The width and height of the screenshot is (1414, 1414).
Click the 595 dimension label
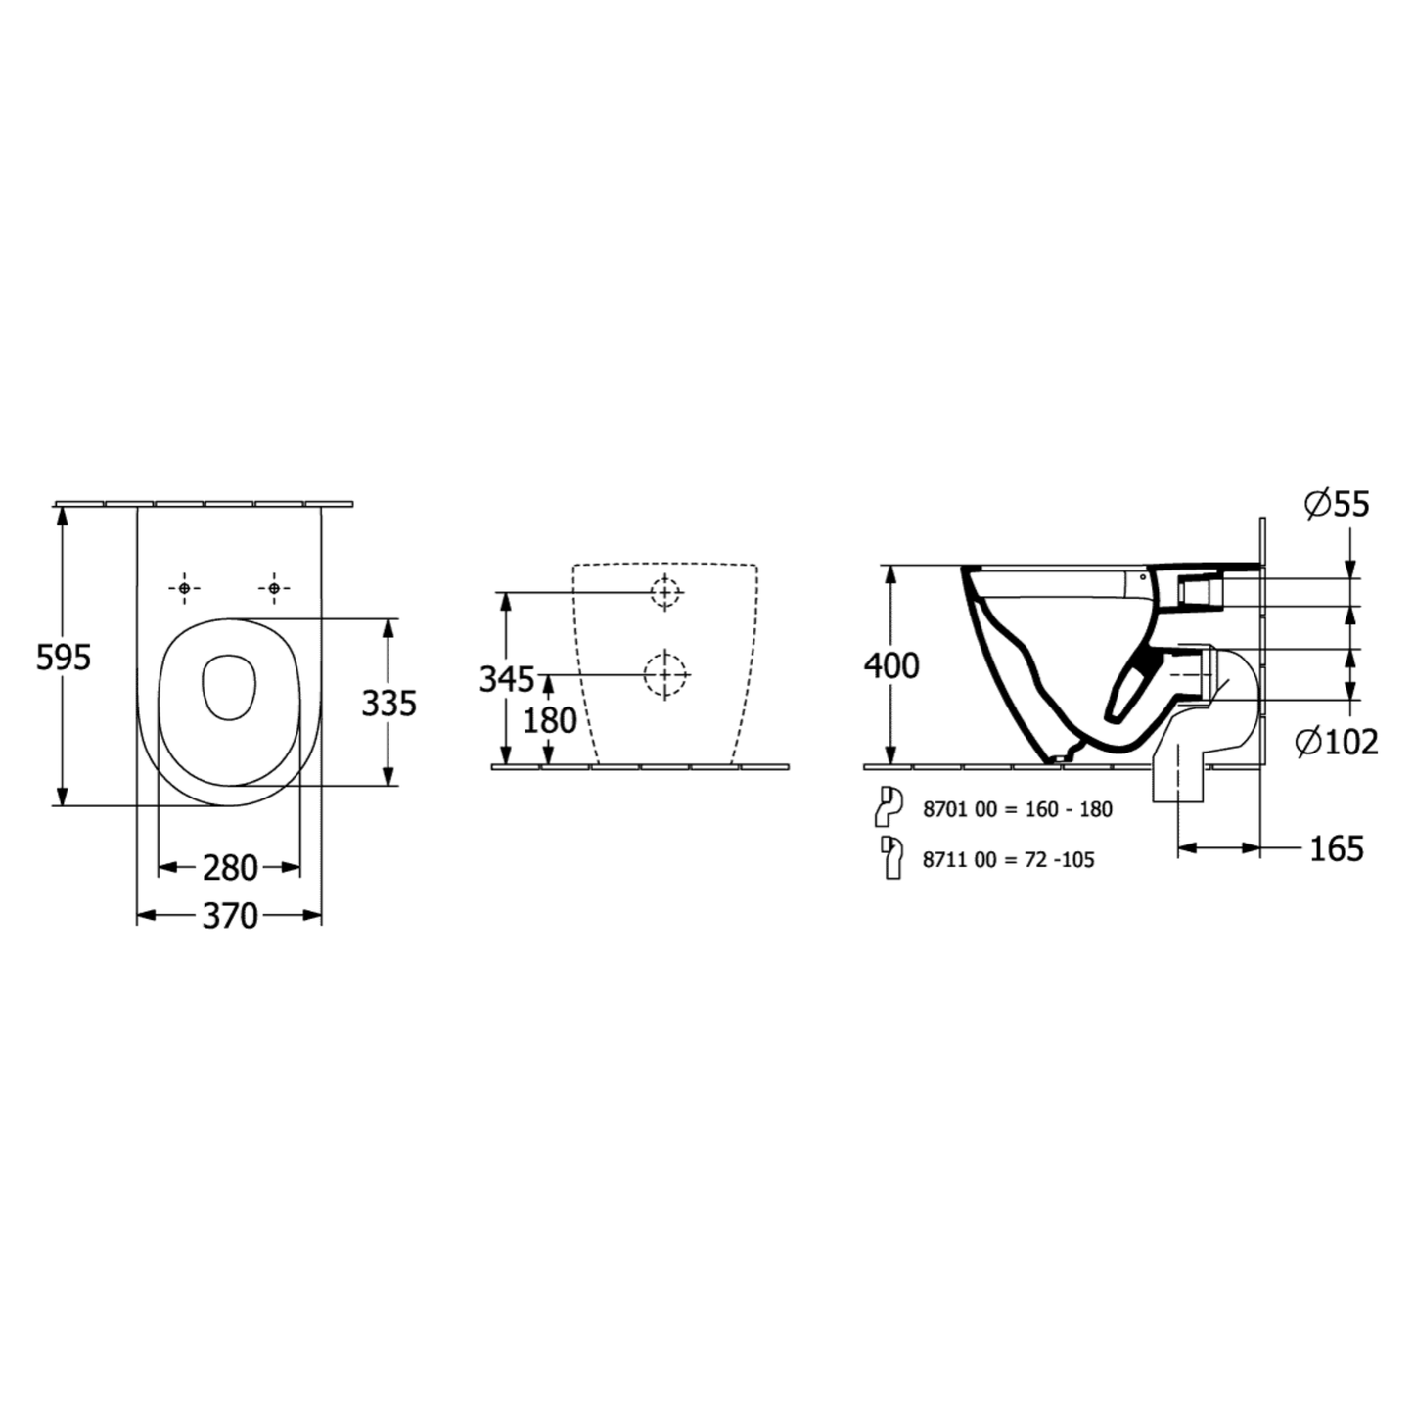tap(63, 658)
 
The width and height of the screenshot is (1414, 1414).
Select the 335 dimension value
tap(388, 704)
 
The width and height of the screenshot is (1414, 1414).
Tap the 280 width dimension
tap(230, 869)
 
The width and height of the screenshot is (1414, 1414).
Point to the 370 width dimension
tap(230, 916)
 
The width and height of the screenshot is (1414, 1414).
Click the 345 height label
tap(506, 679)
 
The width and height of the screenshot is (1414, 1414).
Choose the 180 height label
tap(550, 720)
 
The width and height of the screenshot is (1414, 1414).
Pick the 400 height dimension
tap(890, 665)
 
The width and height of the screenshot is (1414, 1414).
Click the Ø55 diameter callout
tap(1337, 505)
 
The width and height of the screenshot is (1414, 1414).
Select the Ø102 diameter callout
tap(1337, 743)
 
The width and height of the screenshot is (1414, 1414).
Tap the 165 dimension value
tap(1337, 849)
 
